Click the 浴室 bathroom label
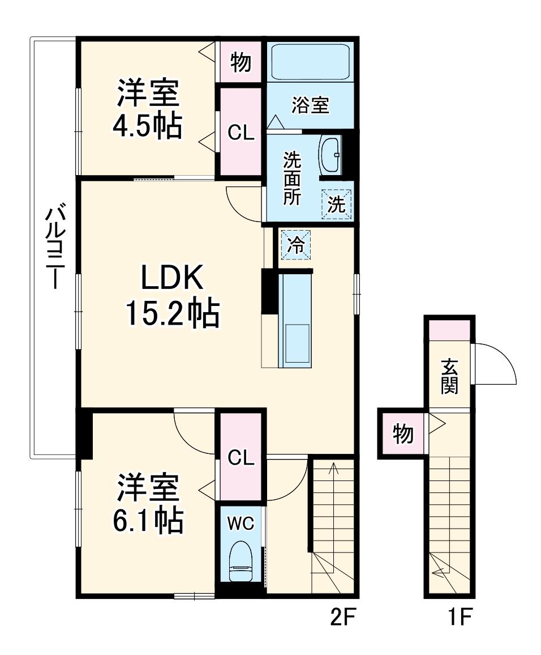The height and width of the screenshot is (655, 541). [310, 105]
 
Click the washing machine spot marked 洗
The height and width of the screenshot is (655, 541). [337, 204]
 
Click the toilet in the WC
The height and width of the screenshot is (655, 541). [241, 562]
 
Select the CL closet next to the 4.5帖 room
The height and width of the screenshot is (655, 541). [241, 131]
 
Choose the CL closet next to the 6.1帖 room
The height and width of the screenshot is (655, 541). [241, 458]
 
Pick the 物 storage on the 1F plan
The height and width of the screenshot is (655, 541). [402, 435]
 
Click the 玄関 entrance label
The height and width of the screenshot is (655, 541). [450, 376]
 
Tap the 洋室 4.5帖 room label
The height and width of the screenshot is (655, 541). [148, 110]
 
